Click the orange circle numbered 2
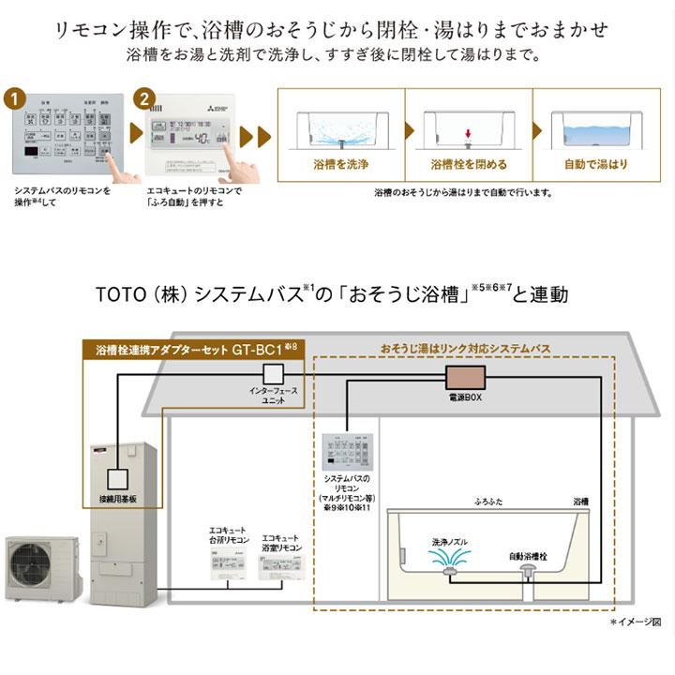tap(143, 97)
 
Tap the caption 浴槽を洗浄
tap(339, 164)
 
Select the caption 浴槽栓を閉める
tap(468, 164)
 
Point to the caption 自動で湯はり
tap(597, 164)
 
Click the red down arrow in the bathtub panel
tap(468, 134)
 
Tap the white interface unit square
tap(273, 375)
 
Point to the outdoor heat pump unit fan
tap(35, 567)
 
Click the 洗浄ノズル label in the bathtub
tap(453, 541)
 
